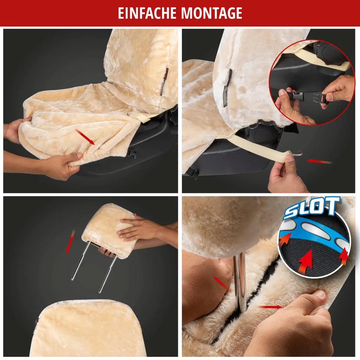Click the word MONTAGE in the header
[212, 13]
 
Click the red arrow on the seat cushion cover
[85, 136]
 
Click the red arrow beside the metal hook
[320, 161]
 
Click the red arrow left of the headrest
[70, 241]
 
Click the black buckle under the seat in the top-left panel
[133, 153]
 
